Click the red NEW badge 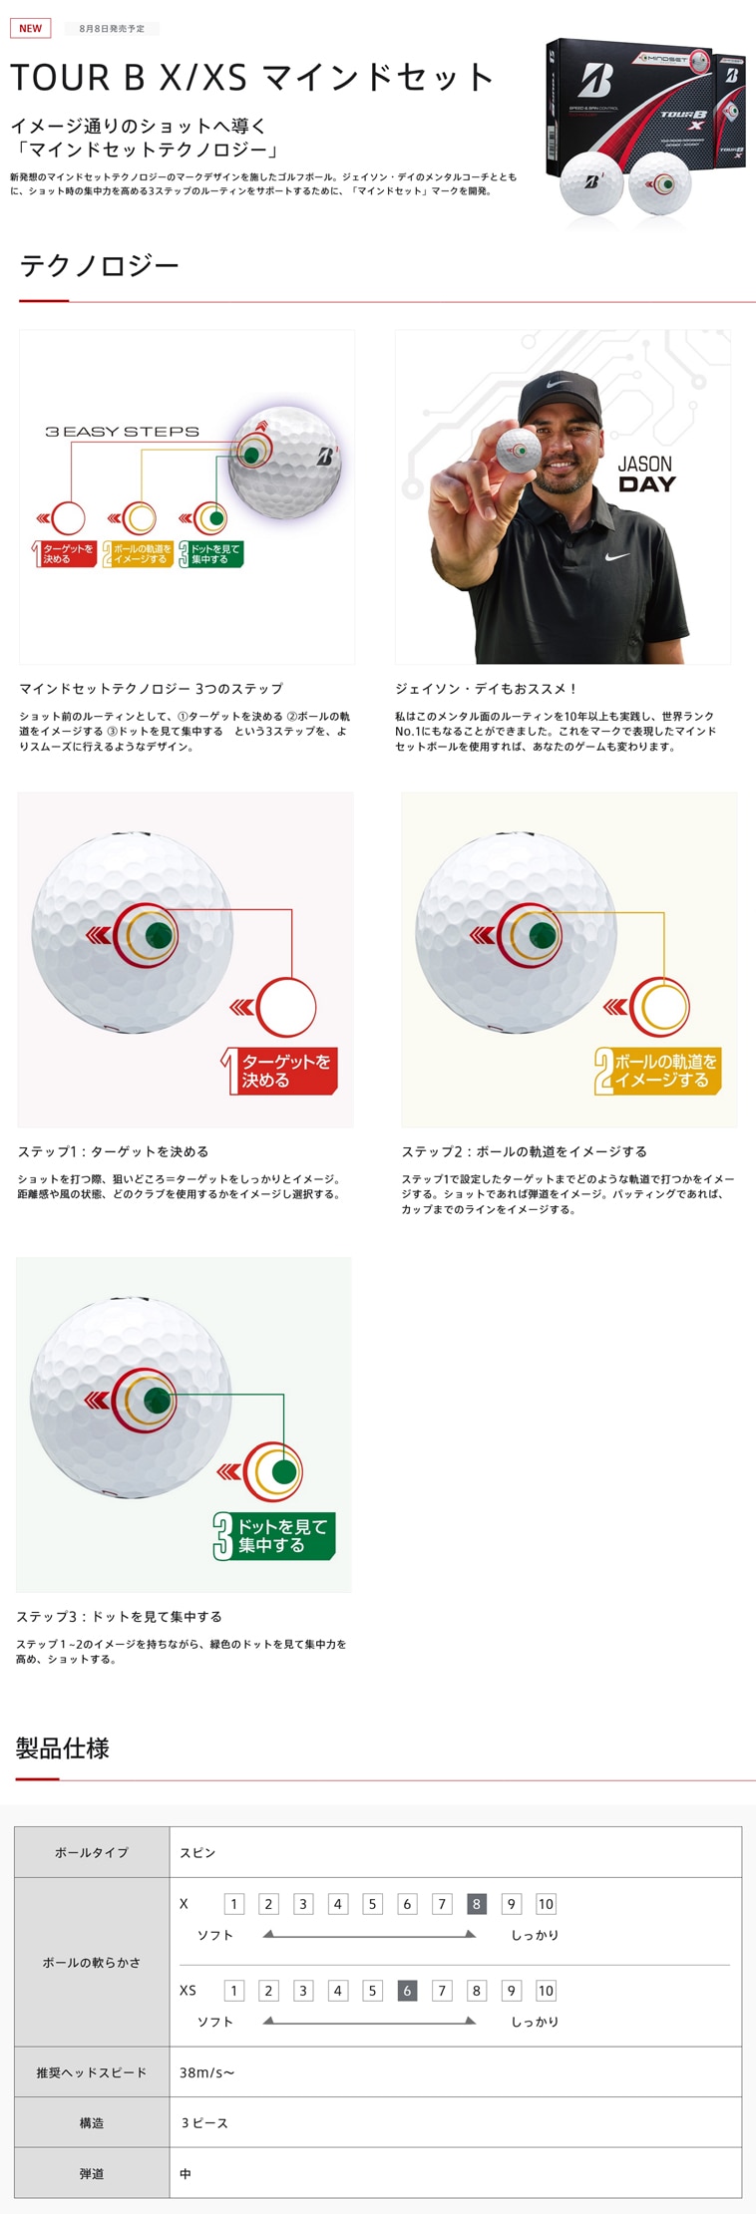[x=30, y=28]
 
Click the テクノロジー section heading [x=99, y=265]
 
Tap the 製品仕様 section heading [x=63, y=1747]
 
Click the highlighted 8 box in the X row [x=476, y=1904]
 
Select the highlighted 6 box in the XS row [x=407, y=1991]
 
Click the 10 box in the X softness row [x=546, y=1904]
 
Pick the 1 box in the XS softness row [x=234, y=1991]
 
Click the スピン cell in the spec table [x=197, y=1852]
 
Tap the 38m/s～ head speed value [x=206, y=2072]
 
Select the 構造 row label [x=92, y=2123]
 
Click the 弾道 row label [x=92, y=2173]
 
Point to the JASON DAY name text [x=646, y=474]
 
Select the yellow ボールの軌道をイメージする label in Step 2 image [x=660, y=1071]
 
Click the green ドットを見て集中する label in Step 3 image [x=277, y=1536]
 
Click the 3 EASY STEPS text [x=122, y=432]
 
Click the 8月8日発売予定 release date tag [x=112, y=29]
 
